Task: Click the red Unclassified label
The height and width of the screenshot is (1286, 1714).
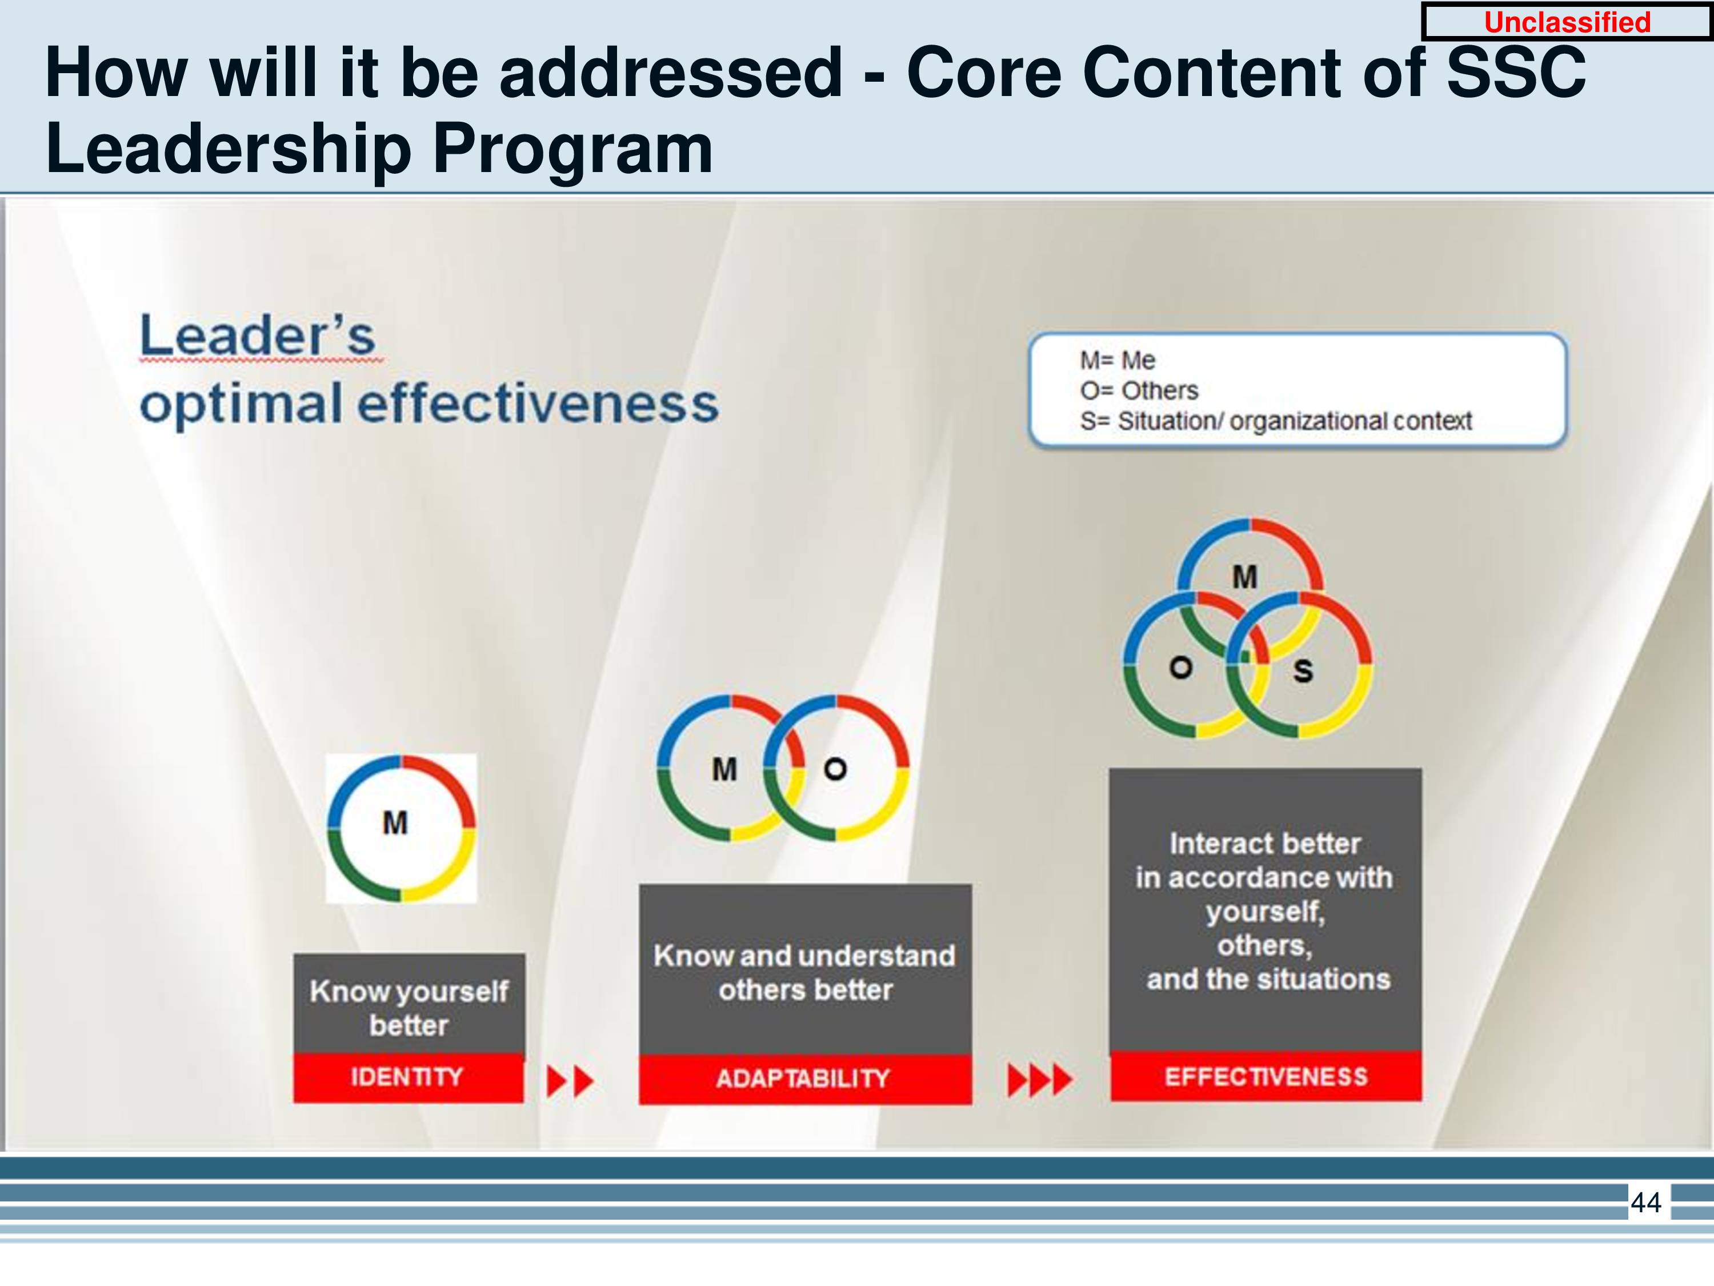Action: click(1567, 22)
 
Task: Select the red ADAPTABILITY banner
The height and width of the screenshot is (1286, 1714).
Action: click(805, 1079)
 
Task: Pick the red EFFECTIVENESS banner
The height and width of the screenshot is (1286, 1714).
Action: click(1266, 1076)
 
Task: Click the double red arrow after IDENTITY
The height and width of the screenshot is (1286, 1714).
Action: click(570, 1081)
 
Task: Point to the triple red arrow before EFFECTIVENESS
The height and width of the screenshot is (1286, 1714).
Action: click(1040, 1080)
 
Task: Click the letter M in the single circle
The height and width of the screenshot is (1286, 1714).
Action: click(395, 823)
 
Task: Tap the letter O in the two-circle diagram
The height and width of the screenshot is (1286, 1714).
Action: click(835, 769)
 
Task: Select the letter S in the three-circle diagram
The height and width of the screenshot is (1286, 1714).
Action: click(1303, 670)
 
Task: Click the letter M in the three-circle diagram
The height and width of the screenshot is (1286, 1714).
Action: click(1245, 577)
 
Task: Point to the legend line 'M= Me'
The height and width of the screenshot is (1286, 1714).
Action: click(1118, 361)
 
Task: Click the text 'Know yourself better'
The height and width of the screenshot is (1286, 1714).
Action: click(409, 1008)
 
